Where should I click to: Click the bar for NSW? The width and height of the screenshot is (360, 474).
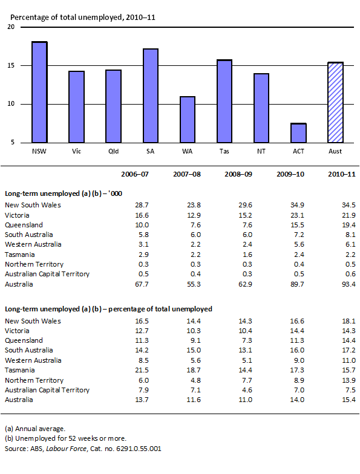coord(39,92)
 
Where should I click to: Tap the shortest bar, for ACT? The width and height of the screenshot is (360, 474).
coord(298,133)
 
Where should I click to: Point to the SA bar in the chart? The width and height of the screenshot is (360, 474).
coord(150,96)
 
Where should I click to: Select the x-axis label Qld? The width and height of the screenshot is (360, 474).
coord(113,151)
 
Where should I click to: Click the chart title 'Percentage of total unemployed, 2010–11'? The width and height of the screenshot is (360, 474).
coord(82,17)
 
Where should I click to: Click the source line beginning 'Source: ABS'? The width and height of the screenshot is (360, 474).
coord(83,449)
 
